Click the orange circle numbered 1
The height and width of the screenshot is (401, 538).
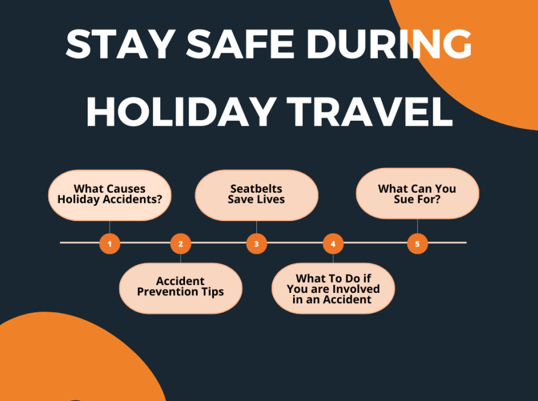pyautogui.click(x=109, y=244)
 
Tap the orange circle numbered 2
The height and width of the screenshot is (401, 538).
pyautogui.click(x=180, y=244)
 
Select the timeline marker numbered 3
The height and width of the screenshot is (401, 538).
pyautogui.click(x=256, y=244)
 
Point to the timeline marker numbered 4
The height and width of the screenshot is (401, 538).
pyautogui.click(x=333, y=244)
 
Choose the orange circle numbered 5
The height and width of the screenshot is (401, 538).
pyautogui.click(x=417, y=244)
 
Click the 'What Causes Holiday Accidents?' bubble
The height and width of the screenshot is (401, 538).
pyautogui.click(x=109, y=194)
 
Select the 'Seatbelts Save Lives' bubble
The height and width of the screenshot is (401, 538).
pyautogui.click(x=256, y=194)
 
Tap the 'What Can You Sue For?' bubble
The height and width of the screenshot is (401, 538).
pyautogui.click(x=417, y=193)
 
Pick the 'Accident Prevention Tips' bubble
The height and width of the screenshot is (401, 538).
pyautogui.click(x=180, y=287)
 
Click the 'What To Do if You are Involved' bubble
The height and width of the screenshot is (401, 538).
pyautogui.click(x=333, y=289)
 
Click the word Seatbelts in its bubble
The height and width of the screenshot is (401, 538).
pyautogui.click(x=256, y=189)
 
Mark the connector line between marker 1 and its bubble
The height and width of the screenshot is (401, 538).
pyautogui.click(x=109, y=228)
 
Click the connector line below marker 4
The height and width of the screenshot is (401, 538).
pyautogui.click(x=333, y=258)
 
